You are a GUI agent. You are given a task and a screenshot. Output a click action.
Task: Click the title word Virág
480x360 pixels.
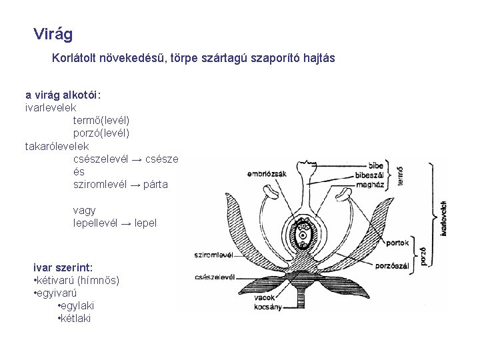click(53, 33)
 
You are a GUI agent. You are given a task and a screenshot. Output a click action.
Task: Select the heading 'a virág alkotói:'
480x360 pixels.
click(63, 94)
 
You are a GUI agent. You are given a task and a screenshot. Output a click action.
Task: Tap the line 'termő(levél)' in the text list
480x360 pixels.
click(101, 120)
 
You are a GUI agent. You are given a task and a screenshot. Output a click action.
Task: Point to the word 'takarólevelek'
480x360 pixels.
click(56, 145)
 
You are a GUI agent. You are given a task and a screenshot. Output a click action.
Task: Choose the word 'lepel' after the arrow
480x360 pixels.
click(145, 223)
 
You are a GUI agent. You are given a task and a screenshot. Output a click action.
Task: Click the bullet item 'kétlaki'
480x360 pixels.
click(75, 318)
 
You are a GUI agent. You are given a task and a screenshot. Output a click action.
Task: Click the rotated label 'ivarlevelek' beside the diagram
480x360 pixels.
click(445, 213)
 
